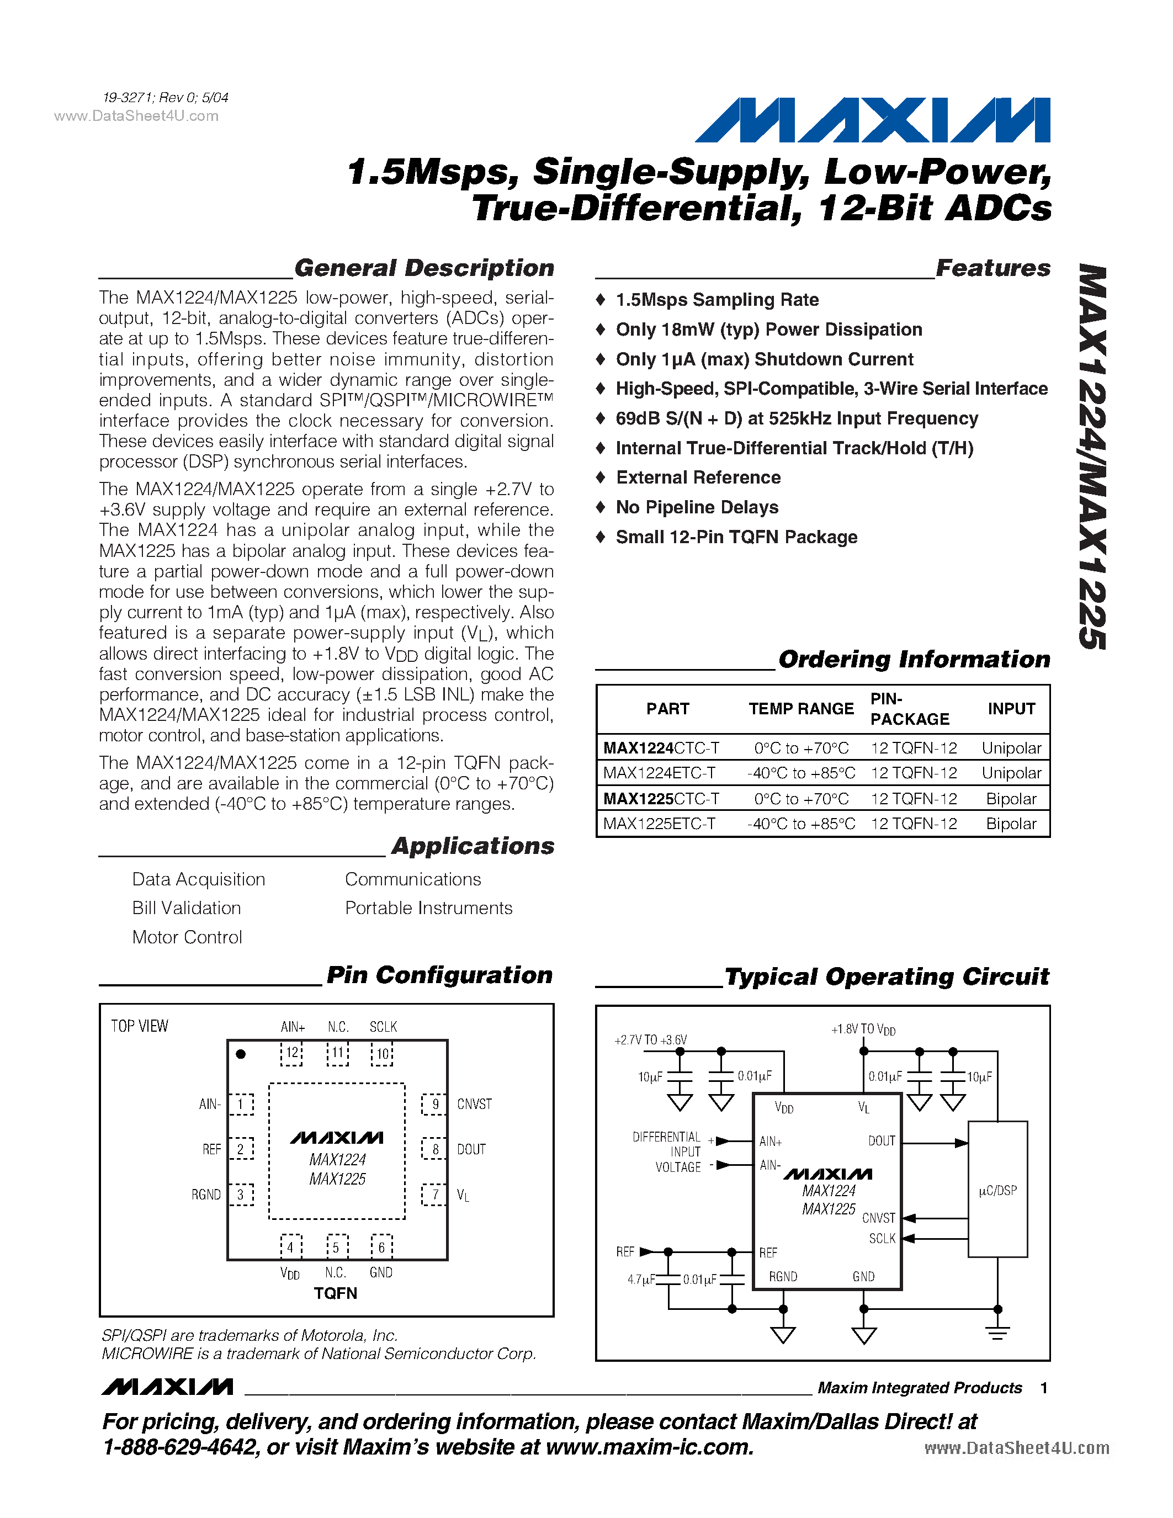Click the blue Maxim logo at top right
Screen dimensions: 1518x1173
872,120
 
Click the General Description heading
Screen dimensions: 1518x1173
424,268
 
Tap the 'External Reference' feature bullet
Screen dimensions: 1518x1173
698,477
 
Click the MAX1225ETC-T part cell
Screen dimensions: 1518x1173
659,824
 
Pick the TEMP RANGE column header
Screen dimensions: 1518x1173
800,709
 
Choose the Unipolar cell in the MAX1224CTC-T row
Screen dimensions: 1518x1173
1011,748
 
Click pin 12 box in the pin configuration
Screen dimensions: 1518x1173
292,1053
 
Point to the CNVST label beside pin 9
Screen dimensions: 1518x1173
474,1104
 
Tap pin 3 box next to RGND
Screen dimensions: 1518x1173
241,1195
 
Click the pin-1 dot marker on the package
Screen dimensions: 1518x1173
241,1054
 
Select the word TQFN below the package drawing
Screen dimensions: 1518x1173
335,1293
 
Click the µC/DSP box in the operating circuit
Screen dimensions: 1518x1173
997,1190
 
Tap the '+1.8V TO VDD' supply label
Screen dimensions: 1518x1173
863,1029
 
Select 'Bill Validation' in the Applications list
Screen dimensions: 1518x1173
186,907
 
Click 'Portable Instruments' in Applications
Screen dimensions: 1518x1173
428,907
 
